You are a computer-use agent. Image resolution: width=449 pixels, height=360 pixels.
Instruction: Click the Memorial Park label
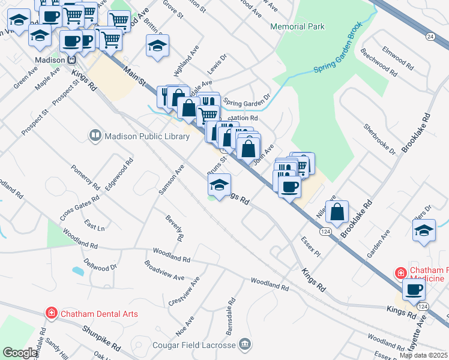tap(297, 26)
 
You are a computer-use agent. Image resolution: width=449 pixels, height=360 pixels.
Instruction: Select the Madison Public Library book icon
tap(95, 136)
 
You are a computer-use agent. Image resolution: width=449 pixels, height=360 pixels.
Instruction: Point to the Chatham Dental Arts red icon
tap(52, 313)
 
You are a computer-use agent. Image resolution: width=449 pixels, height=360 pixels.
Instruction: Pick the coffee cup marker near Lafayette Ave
tap(414, 290)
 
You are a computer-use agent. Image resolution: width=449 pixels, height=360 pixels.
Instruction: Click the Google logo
tap(20, 353)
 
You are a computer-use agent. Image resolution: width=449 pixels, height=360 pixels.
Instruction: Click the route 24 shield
tap(430, 37)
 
